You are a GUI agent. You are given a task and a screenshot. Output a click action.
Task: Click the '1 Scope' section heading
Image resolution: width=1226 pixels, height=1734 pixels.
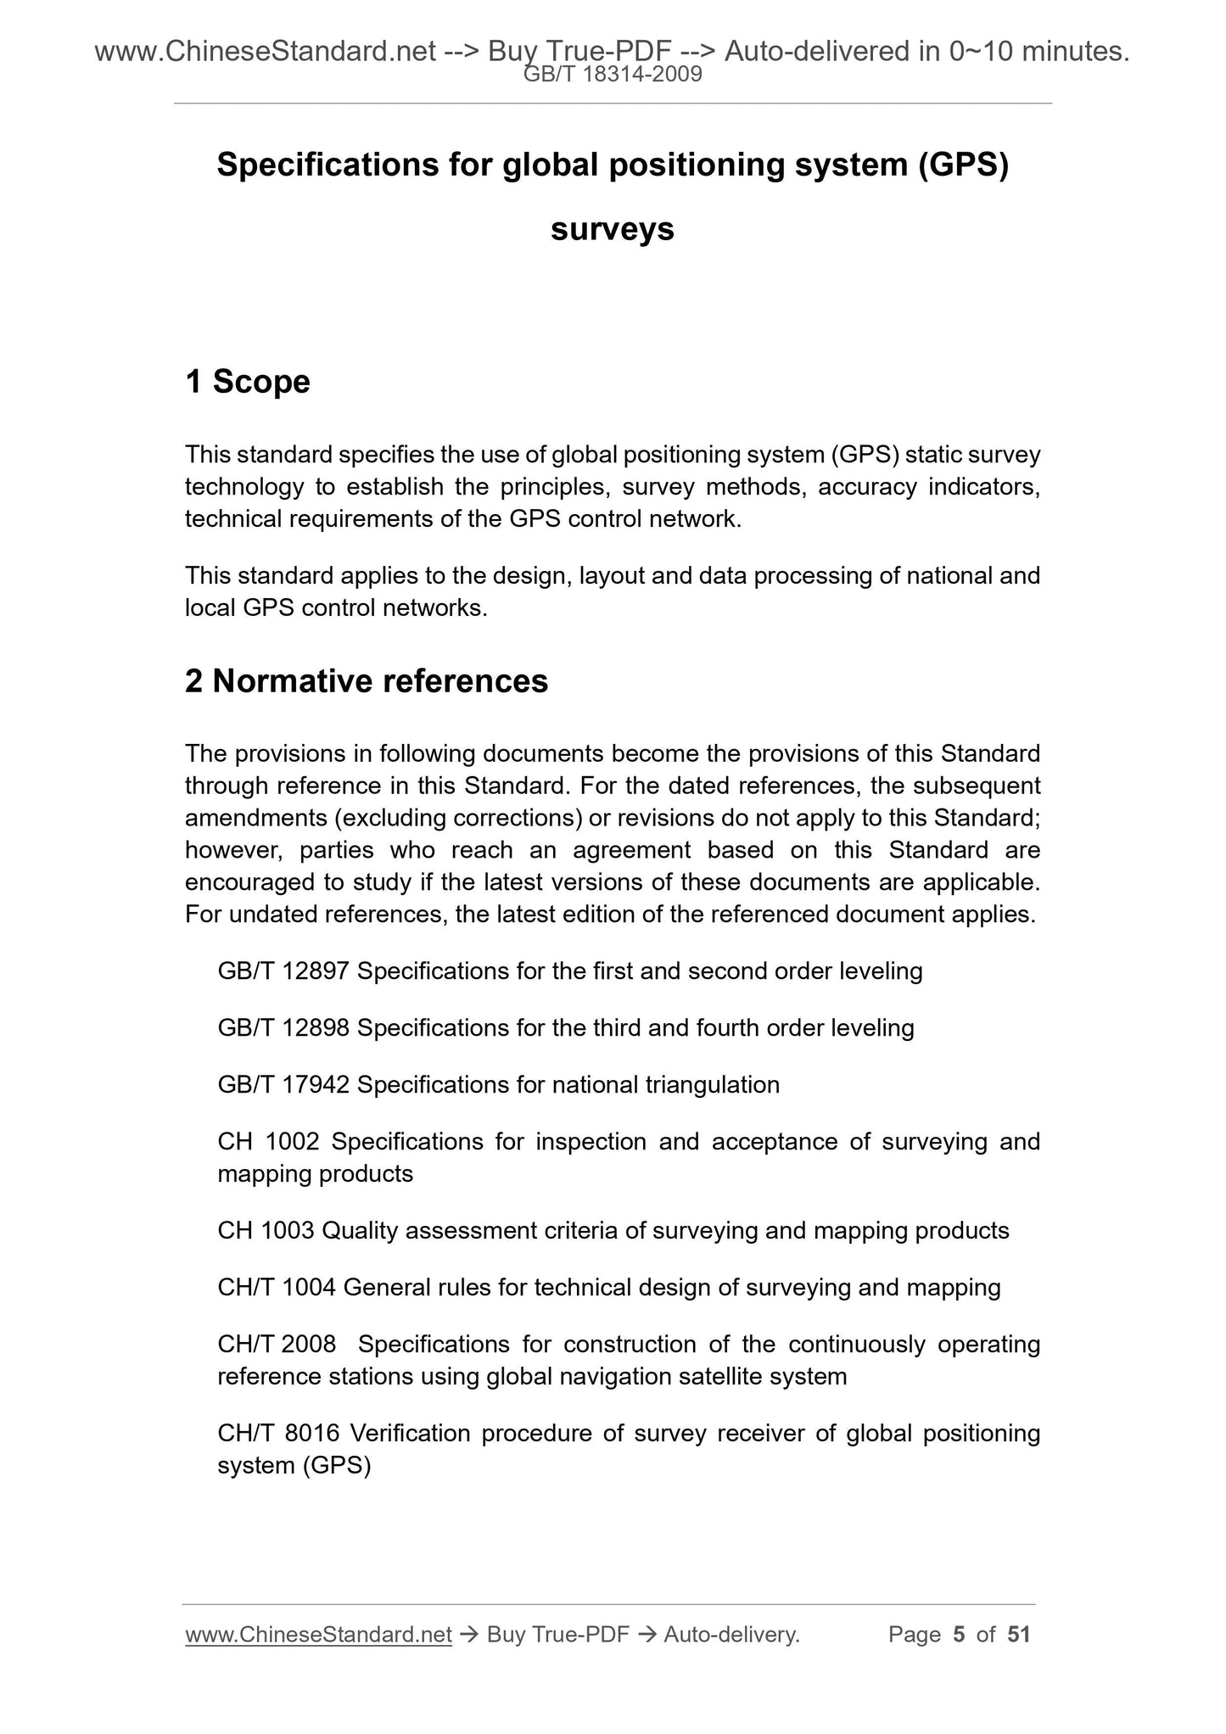tap(248, 382)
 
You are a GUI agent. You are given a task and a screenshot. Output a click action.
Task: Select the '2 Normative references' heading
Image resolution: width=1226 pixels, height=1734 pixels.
tap(367, 681)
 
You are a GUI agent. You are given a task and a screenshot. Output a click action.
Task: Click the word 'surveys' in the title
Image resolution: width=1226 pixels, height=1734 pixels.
tap(612, 229)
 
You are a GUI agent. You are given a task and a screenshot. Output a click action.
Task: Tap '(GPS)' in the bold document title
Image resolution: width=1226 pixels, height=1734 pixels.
tap(962, 165)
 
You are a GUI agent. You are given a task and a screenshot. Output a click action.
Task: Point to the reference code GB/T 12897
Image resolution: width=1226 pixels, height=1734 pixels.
tap(283, 970)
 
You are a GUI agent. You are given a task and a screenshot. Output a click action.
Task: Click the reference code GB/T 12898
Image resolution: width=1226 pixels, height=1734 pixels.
tap(283, 1027)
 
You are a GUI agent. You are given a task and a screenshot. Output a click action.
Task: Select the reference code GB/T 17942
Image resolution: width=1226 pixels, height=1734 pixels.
tap(283, 1084)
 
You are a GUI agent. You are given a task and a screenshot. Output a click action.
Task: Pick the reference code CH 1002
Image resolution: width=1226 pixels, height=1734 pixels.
tap(268, 1141)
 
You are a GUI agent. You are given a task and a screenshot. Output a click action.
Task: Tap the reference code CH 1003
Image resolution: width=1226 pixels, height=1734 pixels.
tap(266, 1230)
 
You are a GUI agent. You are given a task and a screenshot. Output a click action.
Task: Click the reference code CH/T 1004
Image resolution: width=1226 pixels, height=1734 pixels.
tap(277, 1287)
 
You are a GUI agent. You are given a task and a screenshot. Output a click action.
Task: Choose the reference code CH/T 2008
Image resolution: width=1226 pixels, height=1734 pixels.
tap(277, 1344)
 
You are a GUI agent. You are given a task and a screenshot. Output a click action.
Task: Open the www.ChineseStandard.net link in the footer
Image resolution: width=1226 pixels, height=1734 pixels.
tap(318, 1635)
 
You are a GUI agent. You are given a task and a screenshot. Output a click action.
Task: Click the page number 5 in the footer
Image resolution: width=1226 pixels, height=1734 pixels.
tap(959, 1635)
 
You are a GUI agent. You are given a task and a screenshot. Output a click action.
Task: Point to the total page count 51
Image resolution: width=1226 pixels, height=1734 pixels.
tap(1018, 1635)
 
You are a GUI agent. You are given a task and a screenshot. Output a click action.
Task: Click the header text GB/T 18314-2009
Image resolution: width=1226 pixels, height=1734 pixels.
tap(613, 75)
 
